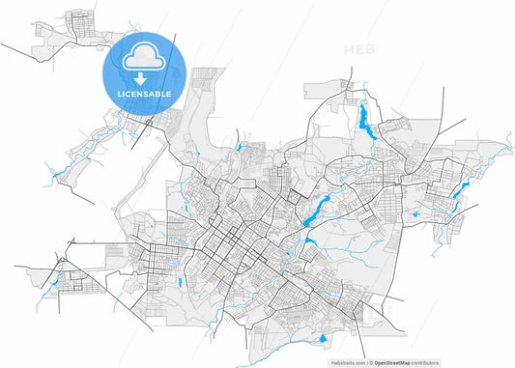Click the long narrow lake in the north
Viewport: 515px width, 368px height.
[365, 121]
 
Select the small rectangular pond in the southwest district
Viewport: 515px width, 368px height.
[180, 283]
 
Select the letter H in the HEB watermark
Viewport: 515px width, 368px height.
[348, 48]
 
